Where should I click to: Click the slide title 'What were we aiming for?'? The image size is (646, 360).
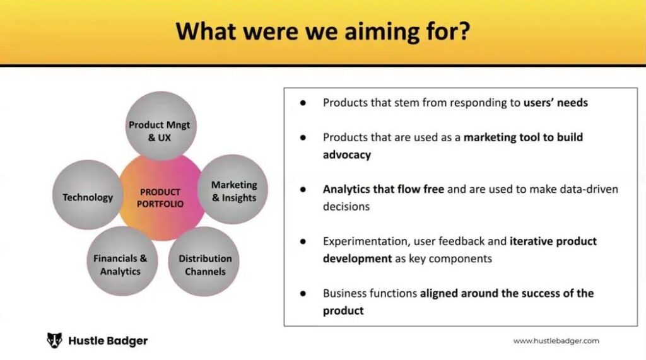pyautogui.click(x=322, y=32)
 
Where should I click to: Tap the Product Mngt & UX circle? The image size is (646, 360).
pyautogui.click(x=161, y=125)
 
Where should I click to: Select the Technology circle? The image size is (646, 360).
pyautogui.click(x=88, y=195)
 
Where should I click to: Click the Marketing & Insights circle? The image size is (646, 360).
pyautogui.click(x=233, y=190)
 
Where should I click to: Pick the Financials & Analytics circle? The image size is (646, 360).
pyautogui.click(x=122, y=261)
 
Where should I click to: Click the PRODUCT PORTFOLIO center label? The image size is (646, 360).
pyautogui.click(x=160, y=198)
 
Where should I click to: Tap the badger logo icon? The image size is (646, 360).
pyautogui.click(x=54, y=340)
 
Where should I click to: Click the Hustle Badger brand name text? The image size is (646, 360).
pyautogui.click(x=108, y=340)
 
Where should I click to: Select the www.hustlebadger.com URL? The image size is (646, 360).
pyautogui.click(x=556, y=340)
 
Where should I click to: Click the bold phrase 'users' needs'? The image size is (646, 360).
pyautogui.click(x=555, y=103)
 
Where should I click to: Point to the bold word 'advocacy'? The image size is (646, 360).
pyautogui.click(x=347, y=155)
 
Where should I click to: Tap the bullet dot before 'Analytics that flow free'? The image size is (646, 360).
pyautogui.click(x=303, y=190)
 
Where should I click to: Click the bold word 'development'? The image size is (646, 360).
pyautogui.click(x=357, y=258)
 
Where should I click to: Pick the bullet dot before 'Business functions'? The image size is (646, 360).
pyautogui.click(x=303, y=294)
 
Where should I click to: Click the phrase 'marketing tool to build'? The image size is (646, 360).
pyautogui.click(x=523, y=137)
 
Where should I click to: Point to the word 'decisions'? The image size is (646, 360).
pyautogui.click(x=346, y=206)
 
